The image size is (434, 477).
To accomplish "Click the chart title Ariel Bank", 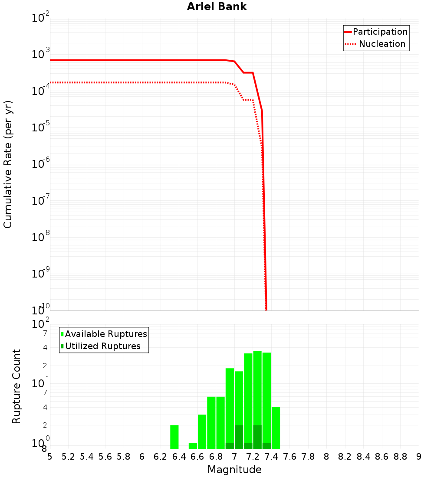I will coord(217,7).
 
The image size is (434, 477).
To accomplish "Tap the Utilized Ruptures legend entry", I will coord(102,346).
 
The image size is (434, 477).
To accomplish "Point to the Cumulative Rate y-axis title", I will coord(8,164).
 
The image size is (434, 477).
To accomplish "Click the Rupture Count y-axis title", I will coord(16,386).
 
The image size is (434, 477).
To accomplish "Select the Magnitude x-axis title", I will coord(234,470).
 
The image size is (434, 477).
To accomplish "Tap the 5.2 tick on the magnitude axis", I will coord(69,457).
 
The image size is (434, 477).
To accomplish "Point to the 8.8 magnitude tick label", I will coord(400,457).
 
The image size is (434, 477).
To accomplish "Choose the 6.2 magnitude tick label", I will coord(161,457).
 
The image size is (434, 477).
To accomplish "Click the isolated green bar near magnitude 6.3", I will coord(174,437).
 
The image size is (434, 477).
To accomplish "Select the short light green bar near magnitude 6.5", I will coord(193,446).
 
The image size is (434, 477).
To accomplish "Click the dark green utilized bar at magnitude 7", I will coord(239,437).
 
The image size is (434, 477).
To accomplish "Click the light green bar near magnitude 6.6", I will coord(202,431).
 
